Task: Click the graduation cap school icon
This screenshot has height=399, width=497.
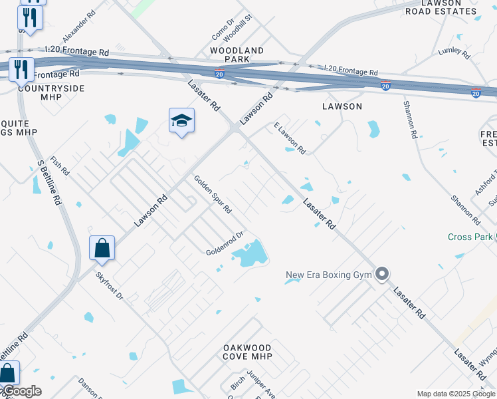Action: click(x=181, y=121)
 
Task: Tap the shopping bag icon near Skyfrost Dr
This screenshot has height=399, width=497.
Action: click(x=102, y=249)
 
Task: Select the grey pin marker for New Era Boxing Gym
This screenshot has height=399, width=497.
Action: click(x=381, y=274)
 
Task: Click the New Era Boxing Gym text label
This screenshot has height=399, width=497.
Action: click(x=329, y=275)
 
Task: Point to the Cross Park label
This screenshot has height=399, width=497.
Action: click(x=470, y=237)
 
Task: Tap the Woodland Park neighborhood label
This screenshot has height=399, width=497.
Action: click(x=237, y=55)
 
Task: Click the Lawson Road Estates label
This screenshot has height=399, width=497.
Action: click(x=441, y=7)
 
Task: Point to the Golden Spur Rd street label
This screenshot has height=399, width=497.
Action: click(x=213, y=194)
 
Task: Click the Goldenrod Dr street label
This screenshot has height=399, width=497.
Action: click(x=226, y=244)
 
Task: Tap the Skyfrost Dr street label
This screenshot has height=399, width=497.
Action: click(x=109, y=285)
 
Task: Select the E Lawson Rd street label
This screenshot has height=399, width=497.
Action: click(x=289, y=139)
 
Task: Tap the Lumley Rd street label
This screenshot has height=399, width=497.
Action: click(x=454, y=51)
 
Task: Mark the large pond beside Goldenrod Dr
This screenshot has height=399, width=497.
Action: click(x=251, y=253)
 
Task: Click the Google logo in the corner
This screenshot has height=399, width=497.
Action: click(x=21, y=391)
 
